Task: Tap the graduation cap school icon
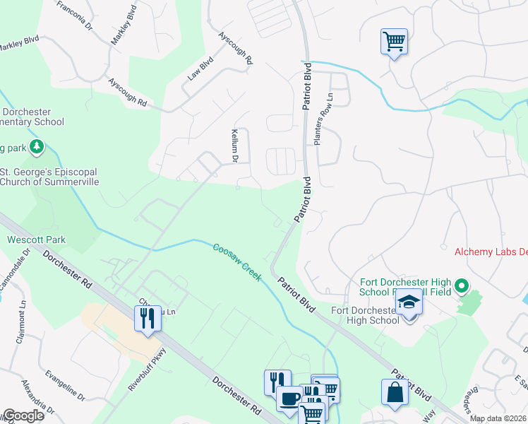407,302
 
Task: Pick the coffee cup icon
289,399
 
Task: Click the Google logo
23,416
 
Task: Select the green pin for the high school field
462,286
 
